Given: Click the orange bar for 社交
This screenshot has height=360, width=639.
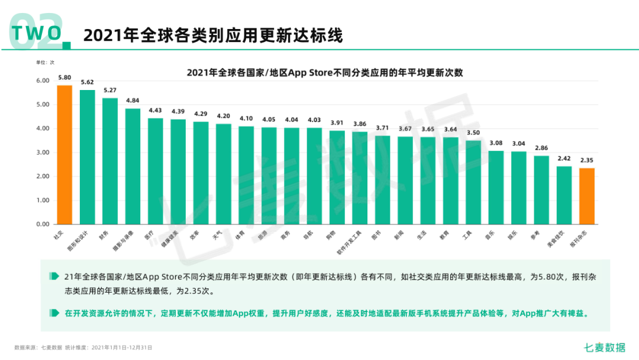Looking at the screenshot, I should (64, 155).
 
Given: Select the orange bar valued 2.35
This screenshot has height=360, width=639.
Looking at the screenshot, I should (587, 196).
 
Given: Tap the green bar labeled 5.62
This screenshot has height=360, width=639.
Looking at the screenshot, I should (88, 157).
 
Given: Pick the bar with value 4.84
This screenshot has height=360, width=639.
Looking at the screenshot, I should (133, 166).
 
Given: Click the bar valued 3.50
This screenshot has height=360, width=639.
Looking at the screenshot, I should (473, 182).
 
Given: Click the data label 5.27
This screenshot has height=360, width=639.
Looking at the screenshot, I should (110, 91).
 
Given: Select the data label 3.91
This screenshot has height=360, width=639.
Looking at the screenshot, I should (337, 123).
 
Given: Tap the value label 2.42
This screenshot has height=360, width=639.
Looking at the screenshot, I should (564, 159).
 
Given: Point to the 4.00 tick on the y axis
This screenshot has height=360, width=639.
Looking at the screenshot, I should (43, 128).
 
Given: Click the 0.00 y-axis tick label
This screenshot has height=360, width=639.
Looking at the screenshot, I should (43, 224).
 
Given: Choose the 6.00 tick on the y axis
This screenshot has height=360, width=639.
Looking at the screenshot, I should (43, 81).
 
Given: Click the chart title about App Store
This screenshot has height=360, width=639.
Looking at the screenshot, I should (324, 73).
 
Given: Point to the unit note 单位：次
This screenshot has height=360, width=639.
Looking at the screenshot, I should (46, 62).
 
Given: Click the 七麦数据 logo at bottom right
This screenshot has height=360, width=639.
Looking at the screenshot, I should (604, 348).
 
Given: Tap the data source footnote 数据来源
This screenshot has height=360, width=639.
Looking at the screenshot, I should (83, 348).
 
